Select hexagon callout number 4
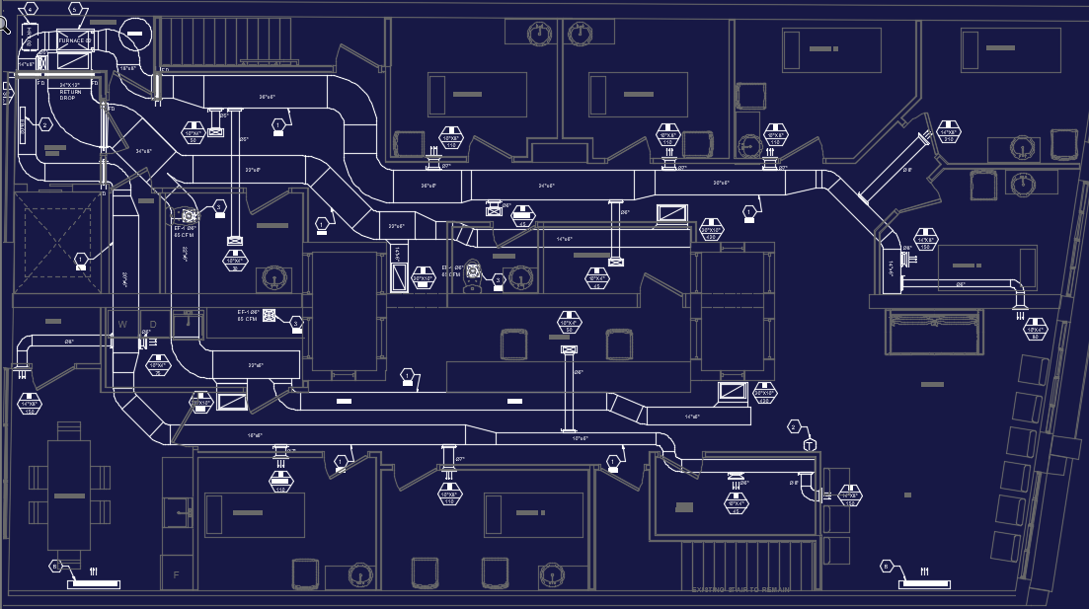pos(31,8)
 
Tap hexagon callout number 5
pos(75,8)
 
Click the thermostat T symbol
pos(811,445)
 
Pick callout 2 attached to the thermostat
pos(793,426)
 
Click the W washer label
pos(123,324)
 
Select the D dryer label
pos(153,324)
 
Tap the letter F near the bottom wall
pos(177,573)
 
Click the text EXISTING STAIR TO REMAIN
pos(741,589)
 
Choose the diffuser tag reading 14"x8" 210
pos(950,134)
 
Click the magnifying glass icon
pos(6,21)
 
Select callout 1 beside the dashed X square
pos(81,259)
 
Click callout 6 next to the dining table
pos(56,566)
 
